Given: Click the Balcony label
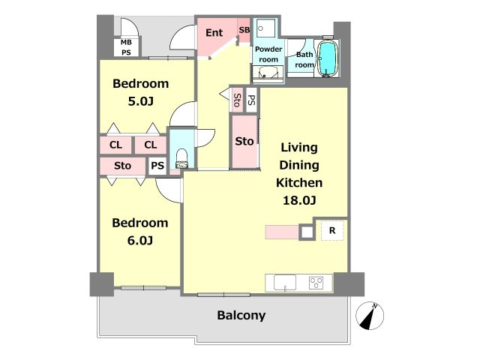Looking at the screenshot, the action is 241,315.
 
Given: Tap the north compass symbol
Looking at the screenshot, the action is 370,316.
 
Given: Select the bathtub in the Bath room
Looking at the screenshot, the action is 328,58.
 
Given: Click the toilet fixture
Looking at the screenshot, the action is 181,158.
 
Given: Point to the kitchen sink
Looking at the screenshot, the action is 285,282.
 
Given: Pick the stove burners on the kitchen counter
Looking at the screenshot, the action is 316,282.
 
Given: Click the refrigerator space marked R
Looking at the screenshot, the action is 332,230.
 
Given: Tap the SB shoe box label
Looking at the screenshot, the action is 244,30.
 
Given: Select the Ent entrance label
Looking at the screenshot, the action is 214,32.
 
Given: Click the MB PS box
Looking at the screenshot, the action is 126,47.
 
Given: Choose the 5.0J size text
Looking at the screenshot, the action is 140,101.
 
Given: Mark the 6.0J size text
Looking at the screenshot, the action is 140,241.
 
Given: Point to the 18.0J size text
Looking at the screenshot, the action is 299,200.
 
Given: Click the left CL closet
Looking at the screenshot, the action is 115,145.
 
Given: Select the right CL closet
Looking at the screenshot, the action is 150,145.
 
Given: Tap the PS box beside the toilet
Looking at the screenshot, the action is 157,166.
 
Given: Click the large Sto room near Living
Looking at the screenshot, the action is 244,142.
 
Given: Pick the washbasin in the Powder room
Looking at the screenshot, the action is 268,73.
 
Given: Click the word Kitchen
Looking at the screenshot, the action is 299,183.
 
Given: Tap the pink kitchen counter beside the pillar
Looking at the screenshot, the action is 282,232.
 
